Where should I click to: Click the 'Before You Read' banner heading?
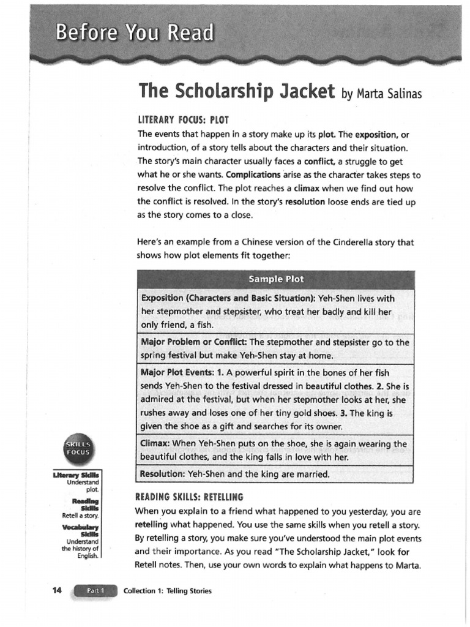point(135,32)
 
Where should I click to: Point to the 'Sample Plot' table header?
point(276,279)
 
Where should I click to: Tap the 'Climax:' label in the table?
point(155,443)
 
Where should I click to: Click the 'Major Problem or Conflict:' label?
point(194,342)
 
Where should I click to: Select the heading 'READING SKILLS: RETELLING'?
point(190,497)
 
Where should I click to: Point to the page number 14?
point(58,590)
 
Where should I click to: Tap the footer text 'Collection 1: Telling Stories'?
point(168,591)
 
